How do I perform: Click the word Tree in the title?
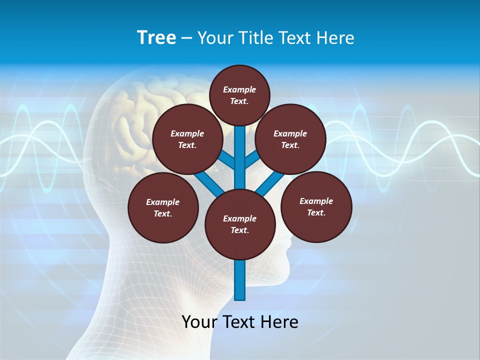pyautogui.click(x=156, y=38)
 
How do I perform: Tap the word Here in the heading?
pyautogui.click(x=334, y=38)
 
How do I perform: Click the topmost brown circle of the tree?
pyautogui.click(x=239, y=95)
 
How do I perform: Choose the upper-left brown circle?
pyautogui.click(x=187, y=139)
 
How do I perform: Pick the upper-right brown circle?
pyautogui.click(x=290, y=139)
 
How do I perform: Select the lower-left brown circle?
pyautogui.click(x=163, y=207)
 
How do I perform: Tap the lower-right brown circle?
pyautogui.click(x=316, y=206)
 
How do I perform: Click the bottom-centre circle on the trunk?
pyautogui.click(x=240, y=224)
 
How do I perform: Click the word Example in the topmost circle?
pyautogui.click(x=239, y=89)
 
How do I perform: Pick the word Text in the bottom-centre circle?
pyautogui.click(x=239, y=230)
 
